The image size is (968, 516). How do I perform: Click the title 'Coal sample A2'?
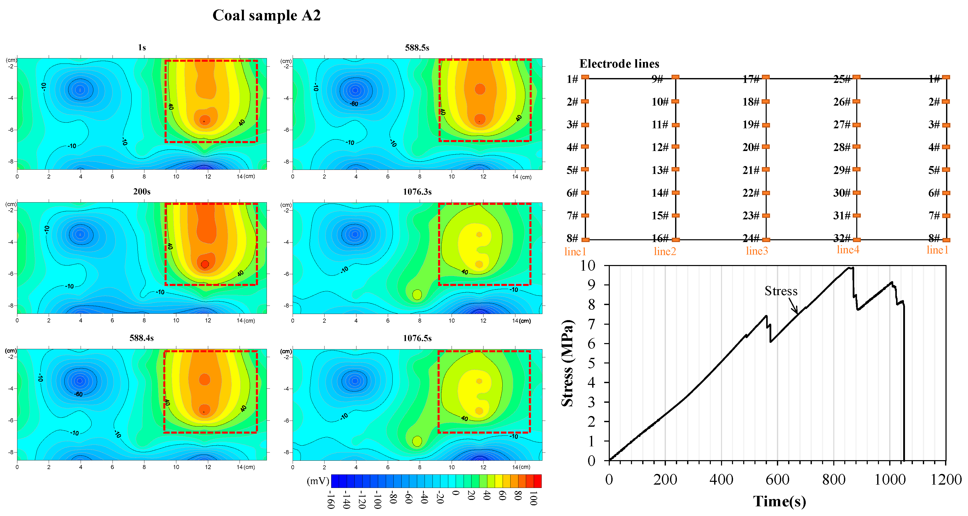(x=266, y=15)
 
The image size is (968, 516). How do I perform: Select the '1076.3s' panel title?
(x=417, y=192)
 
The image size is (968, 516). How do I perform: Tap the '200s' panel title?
(x=142, y=192)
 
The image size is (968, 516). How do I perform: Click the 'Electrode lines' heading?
(x=619, y=64)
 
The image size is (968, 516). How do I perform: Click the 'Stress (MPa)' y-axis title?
(x=567, y=363)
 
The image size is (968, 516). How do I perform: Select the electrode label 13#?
(x=660, y=170)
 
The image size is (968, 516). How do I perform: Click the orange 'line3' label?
(x=756, y=251)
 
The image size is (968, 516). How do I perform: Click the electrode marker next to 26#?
(x=857, y=102)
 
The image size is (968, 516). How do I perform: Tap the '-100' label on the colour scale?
(x=378, y=499)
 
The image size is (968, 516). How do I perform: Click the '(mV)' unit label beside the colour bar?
(x=318, y=481)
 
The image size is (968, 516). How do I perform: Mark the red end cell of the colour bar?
(x=537, y=481)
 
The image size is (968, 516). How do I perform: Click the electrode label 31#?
(x=841, y=216)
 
